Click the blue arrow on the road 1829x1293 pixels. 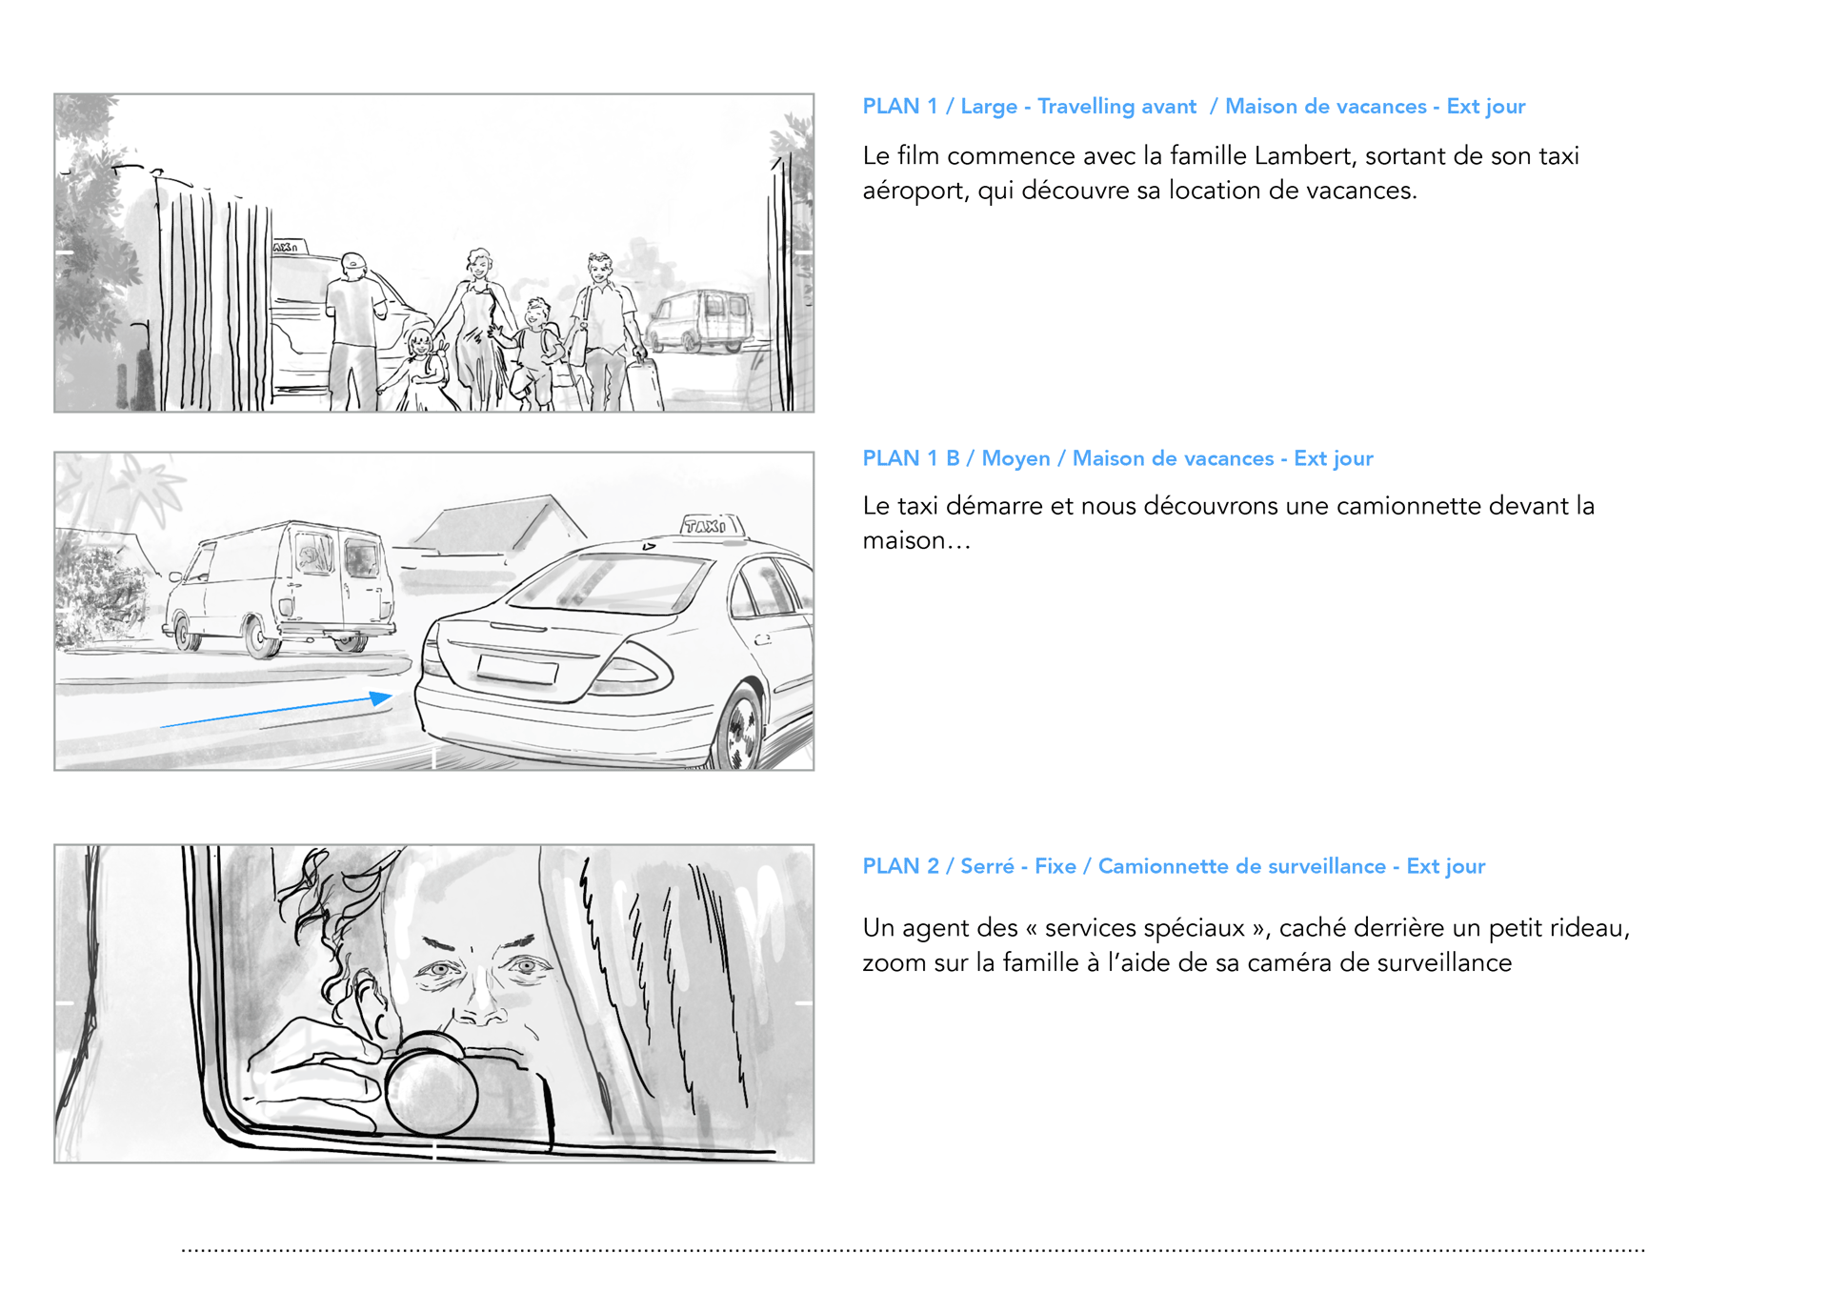click(276, 710)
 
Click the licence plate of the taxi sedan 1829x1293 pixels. click(517, 668)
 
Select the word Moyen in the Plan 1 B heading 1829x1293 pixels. click(1015, 458)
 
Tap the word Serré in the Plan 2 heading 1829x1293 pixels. click(987, 866)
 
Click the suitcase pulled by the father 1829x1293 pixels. click(645, 384)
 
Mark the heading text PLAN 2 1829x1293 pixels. click(900, 866)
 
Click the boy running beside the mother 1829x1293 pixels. click(533, 353)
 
